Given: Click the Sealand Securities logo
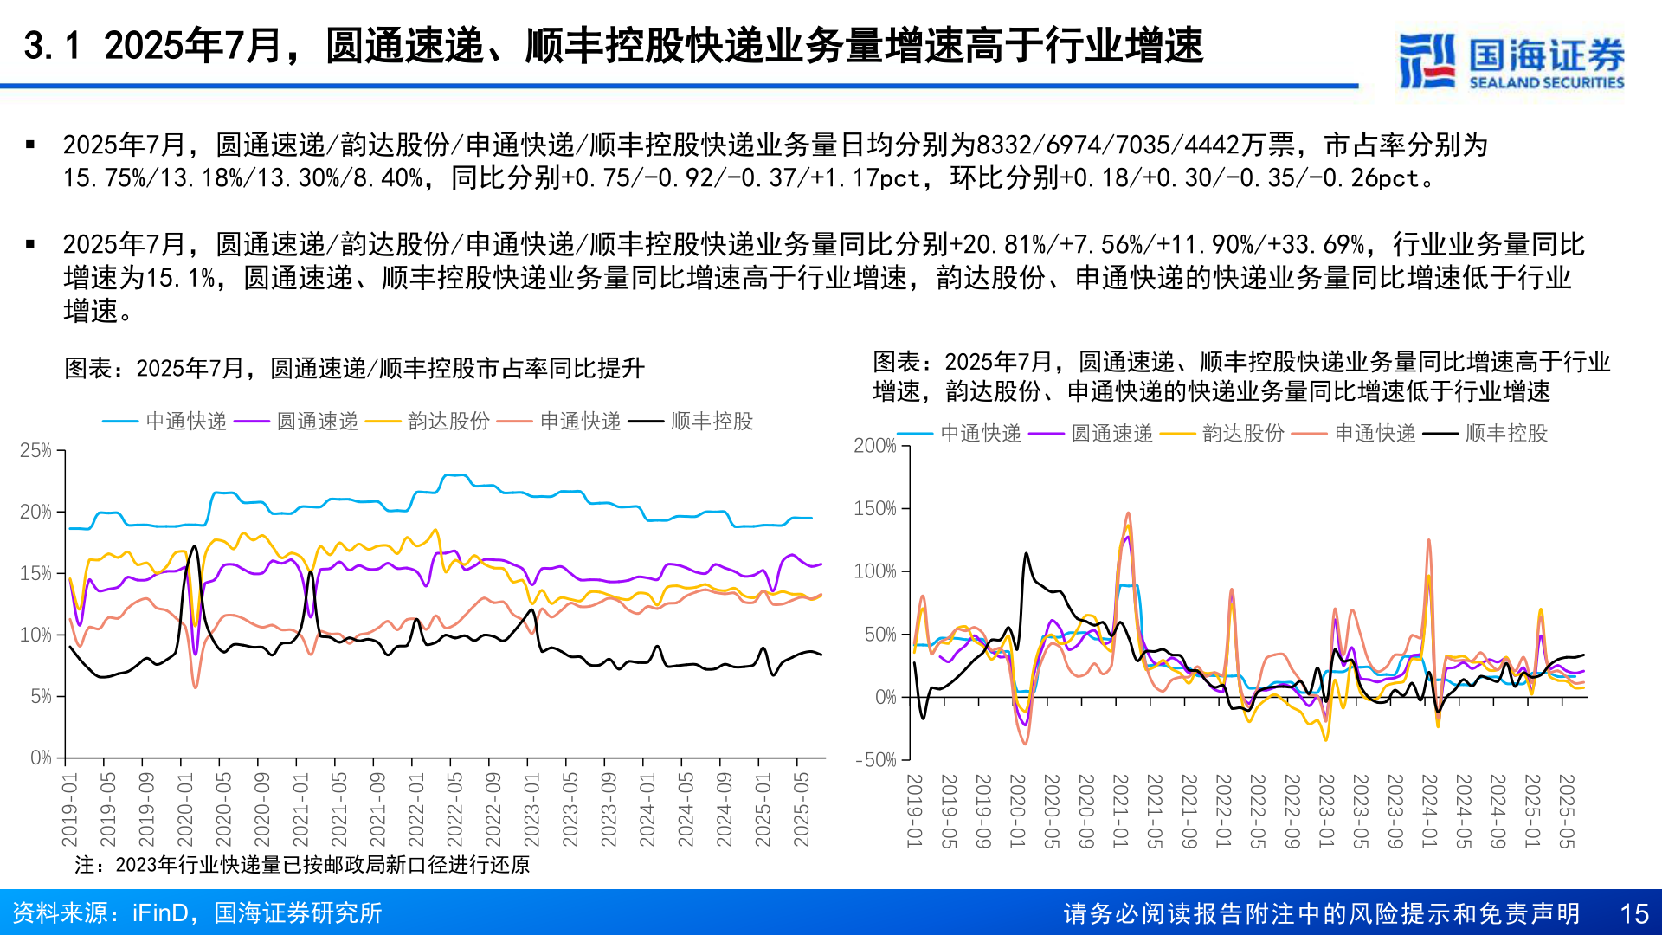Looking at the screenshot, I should (1511, 61).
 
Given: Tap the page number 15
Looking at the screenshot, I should (1633, 913).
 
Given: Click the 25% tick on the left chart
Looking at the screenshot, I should (35, 450).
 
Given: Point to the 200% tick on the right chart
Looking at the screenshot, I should (874, 446).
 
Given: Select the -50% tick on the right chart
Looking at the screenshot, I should (875, 760).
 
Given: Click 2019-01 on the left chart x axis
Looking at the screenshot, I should (70, 809).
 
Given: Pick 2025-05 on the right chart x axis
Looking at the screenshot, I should (1566, 810).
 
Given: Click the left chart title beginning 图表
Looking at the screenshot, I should (354, 369).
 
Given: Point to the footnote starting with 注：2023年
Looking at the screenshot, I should (302, 865).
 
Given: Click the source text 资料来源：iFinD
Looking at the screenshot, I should (197, 913).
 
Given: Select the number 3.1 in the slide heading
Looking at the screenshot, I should (52, 46).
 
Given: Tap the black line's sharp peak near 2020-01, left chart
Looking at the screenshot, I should (194, 547).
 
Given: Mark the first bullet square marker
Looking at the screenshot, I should (31, 145).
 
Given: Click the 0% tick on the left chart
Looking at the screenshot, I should (41, 758).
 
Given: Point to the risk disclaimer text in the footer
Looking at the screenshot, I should (1321, 913).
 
